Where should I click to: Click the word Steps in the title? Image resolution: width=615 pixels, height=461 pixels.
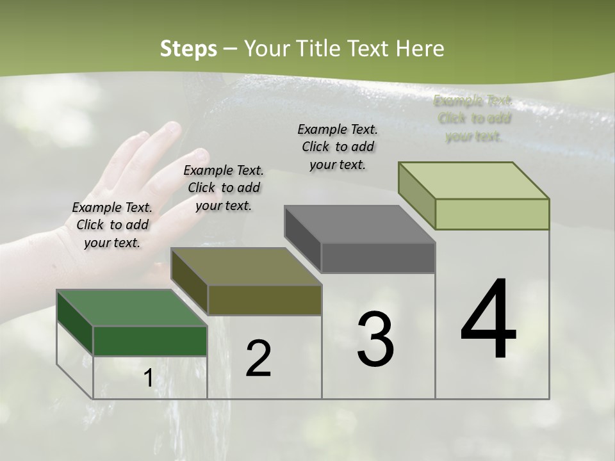coord(188,49)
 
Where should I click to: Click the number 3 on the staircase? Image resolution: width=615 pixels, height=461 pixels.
coord(375,339)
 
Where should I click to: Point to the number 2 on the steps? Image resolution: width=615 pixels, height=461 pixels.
coord(258,359)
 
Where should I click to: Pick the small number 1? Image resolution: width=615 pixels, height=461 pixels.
coord(148,378)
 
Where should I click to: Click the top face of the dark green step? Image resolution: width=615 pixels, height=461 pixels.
coord(131,308)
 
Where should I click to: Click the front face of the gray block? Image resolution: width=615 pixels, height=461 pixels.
coord(378,258)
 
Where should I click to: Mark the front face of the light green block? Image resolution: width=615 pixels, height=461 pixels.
coord(492,214)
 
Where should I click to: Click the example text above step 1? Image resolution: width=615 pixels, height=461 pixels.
coord(112,225)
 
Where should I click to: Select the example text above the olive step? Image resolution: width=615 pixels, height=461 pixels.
coord(224,188)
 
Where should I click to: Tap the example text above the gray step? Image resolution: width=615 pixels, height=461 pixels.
coord(338,147)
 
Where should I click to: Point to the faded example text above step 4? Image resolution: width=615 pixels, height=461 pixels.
coord(473,118)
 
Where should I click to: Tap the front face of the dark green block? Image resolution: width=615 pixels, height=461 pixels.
coord(150,341)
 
